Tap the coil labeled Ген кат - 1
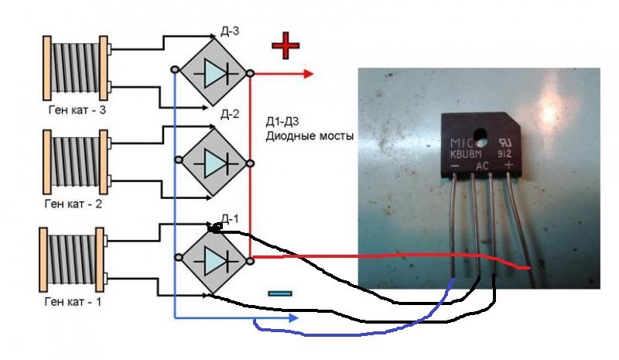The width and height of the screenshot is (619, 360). [x=73, y=259]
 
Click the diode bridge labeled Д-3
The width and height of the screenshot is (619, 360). [x=214, y=72]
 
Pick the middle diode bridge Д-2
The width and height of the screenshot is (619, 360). [x=214, y=163]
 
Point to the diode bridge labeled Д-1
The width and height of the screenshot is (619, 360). [x=214, y=260]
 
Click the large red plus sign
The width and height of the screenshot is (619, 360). [x=286, y=45]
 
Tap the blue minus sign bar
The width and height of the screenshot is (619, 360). [x=280, y=293]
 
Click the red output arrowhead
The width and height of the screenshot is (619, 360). [x=308, y=74]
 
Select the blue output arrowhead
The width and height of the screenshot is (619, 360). [x=293, y=317]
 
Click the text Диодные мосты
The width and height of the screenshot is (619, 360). [x=309, y=136]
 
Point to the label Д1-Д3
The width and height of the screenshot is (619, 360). [x=282, y=122]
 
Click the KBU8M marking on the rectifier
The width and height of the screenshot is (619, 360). [x=467, y=154]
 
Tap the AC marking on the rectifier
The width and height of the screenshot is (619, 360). [x=482, y=166]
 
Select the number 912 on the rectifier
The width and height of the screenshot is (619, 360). [x=504, y=154]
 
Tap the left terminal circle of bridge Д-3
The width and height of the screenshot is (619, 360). [x=176, y=70]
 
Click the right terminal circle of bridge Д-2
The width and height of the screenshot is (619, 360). [x=250, y=163]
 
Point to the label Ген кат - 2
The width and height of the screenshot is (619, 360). [x=74, y=204]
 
